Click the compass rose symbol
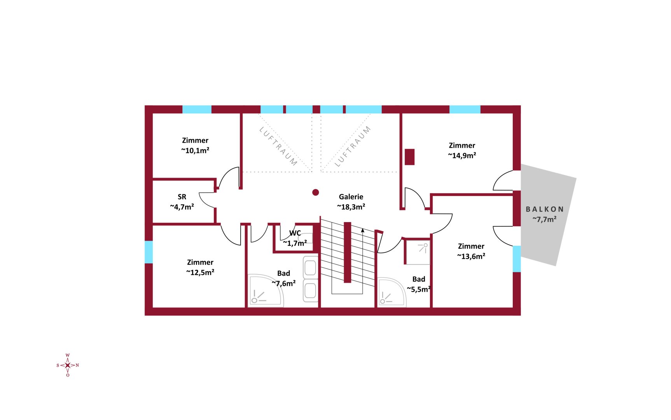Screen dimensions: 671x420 coord(68,365)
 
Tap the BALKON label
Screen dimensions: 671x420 coord(544,209)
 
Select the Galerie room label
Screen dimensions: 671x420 coord(351,197)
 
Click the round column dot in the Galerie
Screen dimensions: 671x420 coord(316,192)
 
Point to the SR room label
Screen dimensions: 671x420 coord(182,197)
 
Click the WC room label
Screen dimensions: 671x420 coord(295,233)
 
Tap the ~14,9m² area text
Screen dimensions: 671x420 coord(462,155)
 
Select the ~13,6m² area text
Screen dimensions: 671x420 coord(471,256)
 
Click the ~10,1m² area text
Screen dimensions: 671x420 coord(195,150)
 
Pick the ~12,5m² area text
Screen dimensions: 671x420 coord(200,272)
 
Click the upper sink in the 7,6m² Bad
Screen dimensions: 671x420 coord(310,268)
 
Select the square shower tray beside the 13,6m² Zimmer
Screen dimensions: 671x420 coord(418,252)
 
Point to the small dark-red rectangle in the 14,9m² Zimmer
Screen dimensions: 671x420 coord(409,157)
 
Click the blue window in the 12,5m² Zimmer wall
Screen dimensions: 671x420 coord(149,252)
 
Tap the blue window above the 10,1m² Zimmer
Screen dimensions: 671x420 coord(197,109)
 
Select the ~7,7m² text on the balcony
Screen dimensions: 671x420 coord(544,219)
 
